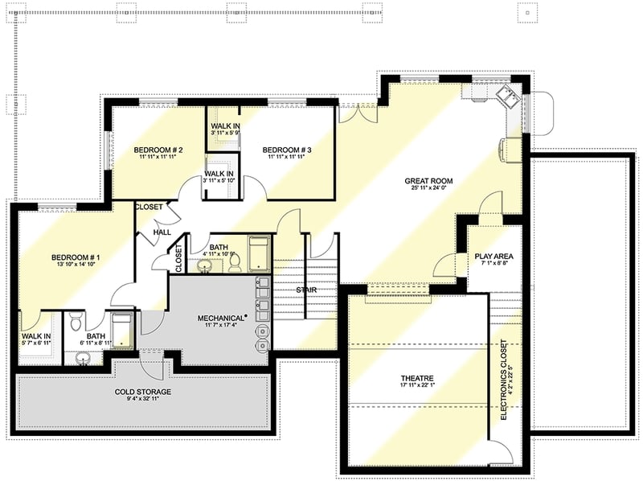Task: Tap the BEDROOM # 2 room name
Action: tap(158, 150)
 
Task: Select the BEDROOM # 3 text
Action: tap(287, 150)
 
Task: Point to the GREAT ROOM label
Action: tap(428, 181)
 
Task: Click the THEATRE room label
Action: tap(417, 377)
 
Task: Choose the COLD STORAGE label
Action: tap(141, 392)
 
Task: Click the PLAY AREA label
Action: tap(494, 257)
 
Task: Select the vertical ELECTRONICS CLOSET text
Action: tap(503, 379)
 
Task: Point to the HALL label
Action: tap(162, 232)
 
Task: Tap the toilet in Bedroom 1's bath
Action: tap(76, 323)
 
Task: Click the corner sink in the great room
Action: tap(510, 97)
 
